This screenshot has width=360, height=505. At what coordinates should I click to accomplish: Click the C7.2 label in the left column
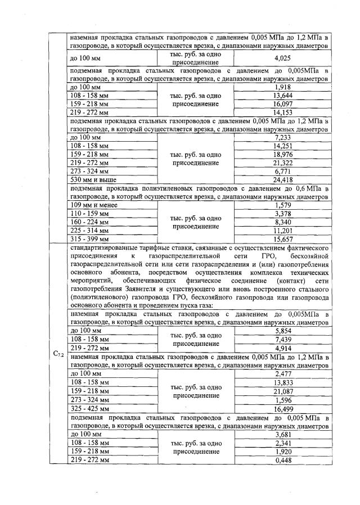click(x=57, y=354)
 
